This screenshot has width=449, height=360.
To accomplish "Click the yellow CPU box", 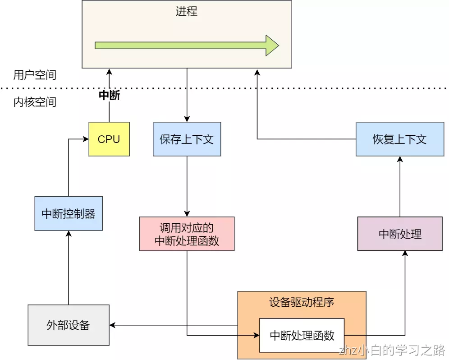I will pos(109,139).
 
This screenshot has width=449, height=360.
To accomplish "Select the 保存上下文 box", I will pos(187,139).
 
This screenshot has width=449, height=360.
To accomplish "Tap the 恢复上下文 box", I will pos(399,139).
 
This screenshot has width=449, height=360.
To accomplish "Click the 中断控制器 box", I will pos(69,213).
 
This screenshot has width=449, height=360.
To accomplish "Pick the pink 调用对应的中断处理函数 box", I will pos(187,234).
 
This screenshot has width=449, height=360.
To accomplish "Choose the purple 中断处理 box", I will pos(399,234).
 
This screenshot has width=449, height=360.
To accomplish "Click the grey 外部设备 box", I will pos(69,325).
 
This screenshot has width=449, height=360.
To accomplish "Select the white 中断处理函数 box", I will pos(302,335).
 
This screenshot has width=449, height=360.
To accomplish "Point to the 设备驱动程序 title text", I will pos(302,302).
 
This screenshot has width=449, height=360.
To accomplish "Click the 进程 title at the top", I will pos(187,11).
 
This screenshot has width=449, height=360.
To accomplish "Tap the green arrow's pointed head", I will pos(272,45).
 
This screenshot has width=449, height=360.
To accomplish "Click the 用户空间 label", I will pos(35,75).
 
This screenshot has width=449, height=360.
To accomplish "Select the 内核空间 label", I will pos(35,102).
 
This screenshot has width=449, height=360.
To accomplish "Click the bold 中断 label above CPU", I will pos(109,96).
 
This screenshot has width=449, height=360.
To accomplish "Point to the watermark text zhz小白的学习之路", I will pos(392,350).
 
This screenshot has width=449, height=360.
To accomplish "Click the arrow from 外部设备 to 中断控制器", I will pos(69,268).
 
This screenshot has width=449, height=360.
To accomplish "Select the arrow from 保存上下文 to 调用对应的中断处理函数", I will pos(187,185).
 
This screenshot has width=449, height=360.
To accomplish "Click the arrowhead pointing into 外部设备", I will pos(113,325).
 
